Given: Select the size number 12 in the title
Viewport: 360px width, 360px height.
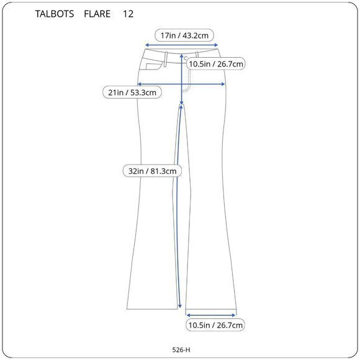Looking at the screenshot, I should tap(128, 13).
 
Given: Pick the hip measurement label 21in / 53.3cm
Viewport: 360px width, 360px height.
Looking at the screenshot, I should tap(132, 92).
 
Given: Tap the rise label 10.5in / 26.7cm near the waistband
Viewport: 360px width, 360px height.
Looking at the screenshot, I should tap(216, 63).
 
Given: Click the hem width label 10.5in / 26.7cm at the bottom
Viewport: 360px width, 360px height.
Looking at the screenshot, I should tap(215, 325).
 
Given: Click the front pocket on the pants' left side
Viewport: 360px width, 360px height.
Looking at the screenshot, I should tap(151, 63).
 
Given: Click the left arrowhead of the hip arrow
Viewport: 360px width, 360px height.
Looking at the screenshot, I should tap(140, 83).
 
